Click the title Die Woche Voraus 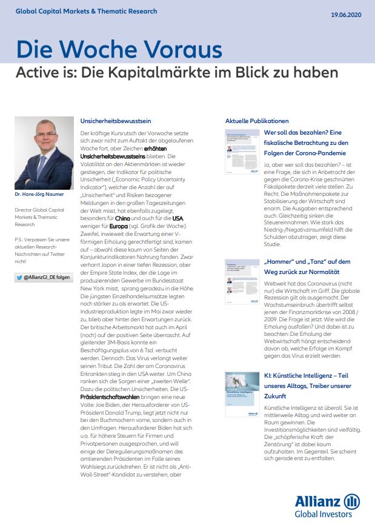pyautogui.click(x=119, y=49)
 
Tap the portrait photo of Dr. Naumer pyautogui.click(x=44, y=153)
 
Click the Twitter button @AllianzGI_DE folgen pyautogui.click(x=44, y=277)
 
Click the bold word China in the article pyautogui.click(x=123, y=218)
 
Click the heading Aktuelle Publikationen pyautogui.click(x=257, y=121)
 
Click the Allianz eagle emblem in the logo pyautogui.click(x=351, y=501)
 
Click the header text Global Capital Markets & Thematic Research pyautogui.click(x=86, y=12)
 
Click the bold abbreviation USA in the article pyautogui.click(x=178, y=218)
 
